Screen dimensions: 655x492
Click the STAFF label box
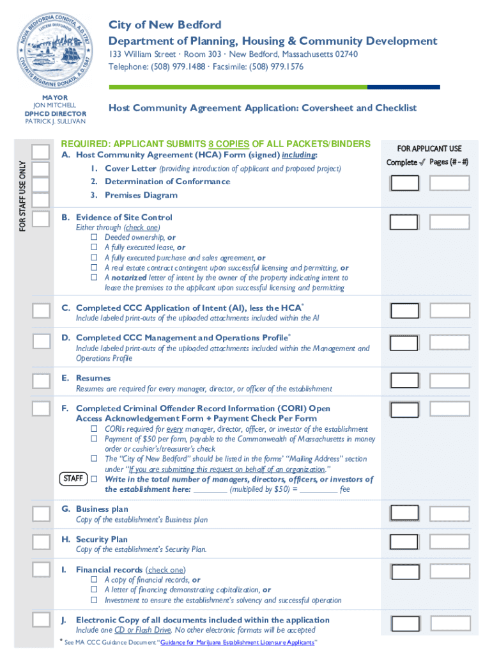coord(73,479)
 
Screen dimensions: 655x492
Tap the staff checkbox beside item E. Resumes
coord(41,381)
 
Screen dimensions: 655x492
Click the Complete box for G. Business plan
coord(404,514)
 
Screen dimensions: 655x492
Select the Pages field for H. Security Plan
coord(449,543)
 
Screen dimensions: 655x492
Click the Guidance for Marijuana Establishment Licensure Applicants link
coord(237,643)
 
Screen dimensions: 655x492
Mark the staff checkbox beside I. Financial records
coord(41,569)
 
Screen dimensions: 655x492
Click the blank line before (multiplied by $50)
coord(210,490)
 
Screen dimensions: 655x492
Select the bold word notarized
coord(130,278)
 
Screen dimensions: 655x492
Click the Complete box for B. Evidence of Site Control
coord(404,222)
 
